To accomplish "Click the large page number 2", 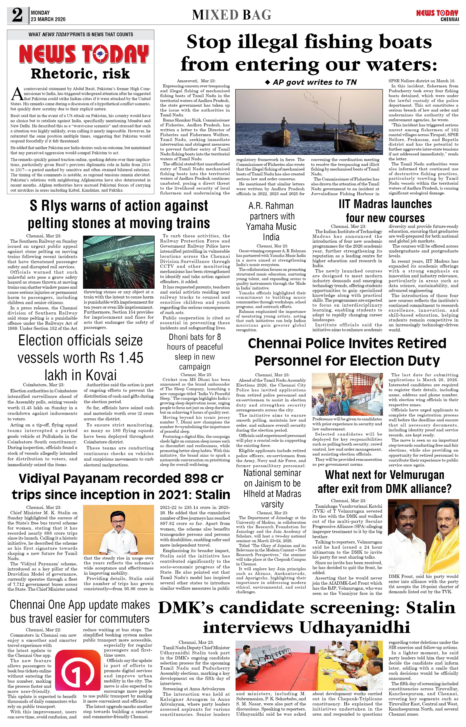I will (x=17, y=15).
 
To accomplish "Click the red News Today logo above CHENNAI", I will (x=437, y=13).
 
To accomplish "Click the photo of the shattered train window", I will (x=118, y=262).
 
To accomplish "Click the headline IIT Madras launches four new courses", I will (x=385, y=211).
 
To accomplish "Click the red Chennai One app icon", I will (x=78, y=673).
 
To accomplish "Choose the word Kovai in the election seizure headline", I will (x=101, y=375).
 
